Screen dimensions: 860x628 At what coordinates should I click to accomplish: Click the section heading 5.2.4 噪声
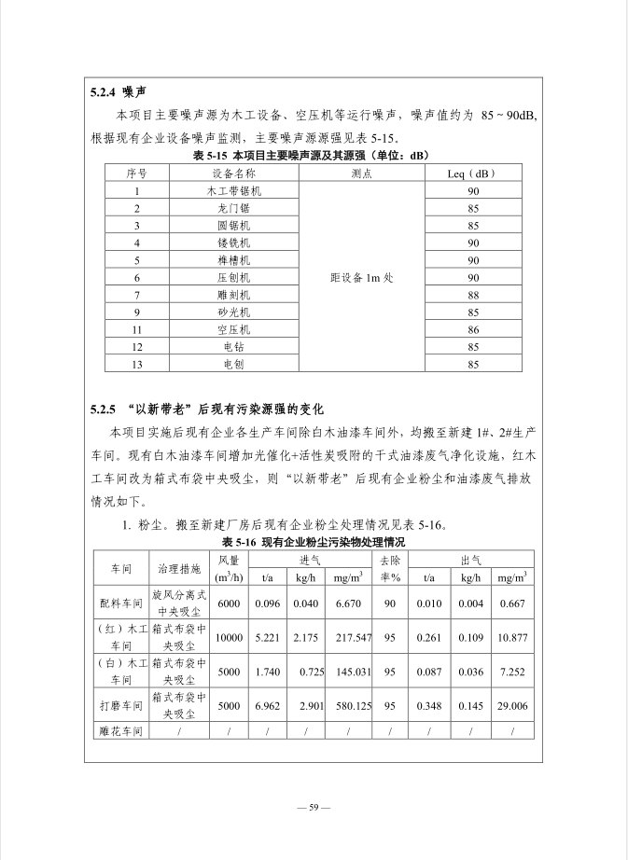click(x=117, y=92)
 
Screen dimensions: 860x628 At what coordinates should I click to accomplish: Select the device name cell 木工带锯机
click(x=228, y=190)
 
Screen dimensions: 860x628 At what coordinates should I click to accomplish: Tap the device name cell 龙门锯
click(x=228, y=208)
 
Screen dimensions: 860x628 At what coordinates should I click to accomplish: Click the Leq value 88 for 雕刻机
click(x=473, y=295)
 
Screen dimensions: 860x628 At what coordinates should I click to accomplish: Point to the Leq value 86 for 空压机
click(x=473, y=329)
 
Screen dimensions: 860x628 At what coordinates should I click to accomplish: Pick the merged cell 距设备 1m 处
click(x=362, y=278)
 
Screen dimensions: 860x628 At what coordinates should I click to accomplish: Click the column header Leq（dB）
click(x=473, y=173)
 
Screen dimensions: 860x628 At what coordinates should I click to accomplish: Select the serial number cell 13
click(x=136, y=364)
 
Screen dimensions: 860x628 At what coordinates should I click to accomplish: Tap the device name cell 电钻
click(x=228, y=347)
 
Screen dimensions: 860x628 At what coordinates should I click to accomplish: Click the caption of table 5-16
click(x=314, y=541)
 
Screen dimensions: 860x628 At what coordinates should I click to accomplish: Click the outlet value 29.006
click(x=511, y=706)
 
